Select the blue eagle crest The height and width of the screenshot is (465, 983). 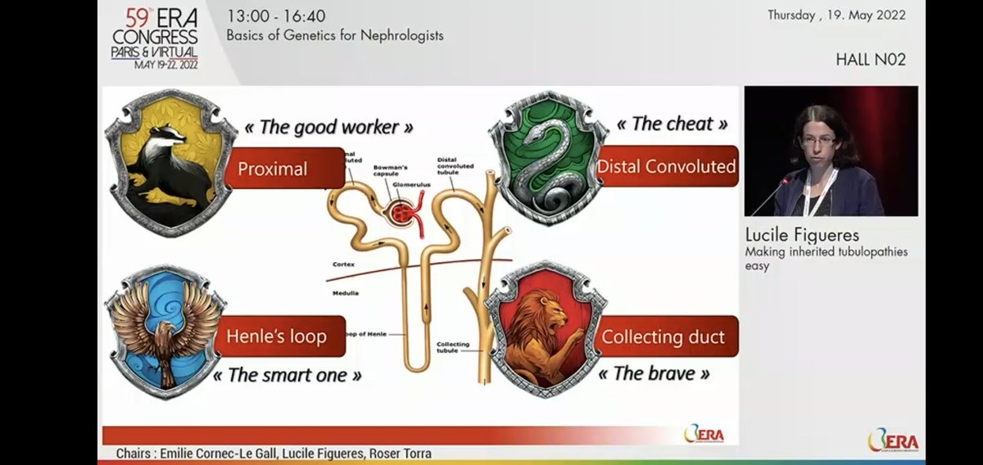164,332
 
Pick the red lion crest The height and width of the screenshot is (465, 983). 546,327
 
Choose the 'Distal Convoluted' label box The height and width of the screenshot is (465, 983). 667,167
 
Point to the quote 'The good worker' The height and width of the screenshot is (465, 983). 328,127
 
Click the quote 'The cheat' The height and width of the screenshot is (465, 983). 672,124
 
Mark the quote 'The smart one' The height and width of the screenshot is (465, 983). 287,376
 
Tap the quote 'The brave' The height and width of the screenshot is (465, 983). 653,374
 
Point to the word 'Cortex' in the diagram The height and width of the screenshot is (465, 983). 344,264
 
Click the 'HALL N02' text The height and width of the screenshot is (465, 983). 870,60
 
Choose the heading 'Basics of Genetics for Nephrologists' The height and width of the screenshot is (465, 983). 335,36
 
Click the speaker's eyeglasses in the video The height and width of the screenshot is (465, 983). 819,140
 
